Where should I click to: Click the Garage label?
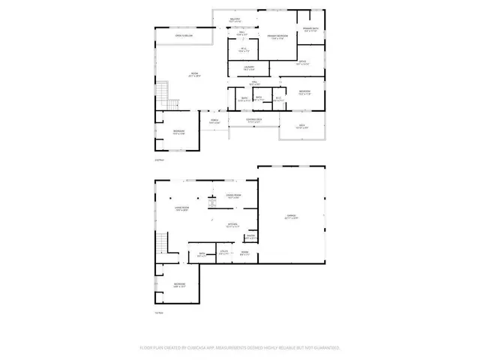pyautogui.click(x=292, y=217)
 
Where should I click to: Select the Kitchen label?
pyautogui.click(x=233, y=224)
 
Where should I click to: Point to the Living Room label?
pyautogui.click(x=181, y=209)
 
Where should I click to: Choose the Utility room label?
pyautogui.click(x=223, y=253)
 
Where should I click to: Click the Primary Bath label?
pyautogui.click(x=310, y=30)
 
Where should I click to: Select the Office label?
pyautogui.click(x=303, y=64)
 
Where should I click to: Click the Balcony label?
pyautogui.click(x=235, y=20)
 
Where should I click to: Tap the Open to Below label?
pyautogui.click(x=184, y=35)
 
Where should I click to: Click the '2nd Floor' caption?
pyautogui.click(x=158, y=160)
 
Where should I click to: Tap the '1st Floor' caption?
pyautogui.click(x=158, y=312)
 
